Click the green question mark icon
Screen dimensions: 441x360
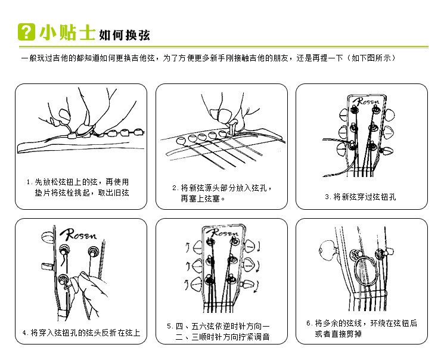(x=26, y=32)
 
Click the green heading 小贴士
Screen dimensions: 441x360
(x=67, y=32)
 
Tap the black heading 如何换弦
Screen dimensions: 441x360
(x=125, y=35)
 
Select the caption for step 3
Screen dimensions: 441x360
(x=361, y=197)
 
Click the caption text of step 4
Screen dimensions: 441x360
(x=81, y=333)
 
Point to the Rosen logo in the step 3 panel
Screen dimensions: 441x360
(x=367, y=101)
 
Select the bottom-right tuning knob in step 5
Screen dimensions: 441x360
(x=247, y=285)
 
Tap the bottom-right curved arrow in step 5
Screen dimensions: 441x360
(x=256, y=287)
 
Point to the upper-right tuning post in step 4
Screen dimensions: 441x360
(x=92, y=251)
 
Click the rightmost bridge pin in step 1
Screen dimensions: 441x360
(x=139, y=132)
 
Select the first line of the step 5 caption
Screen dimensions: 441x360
(x=218, y=326)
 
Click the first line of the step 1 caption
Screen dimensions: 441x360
(x=77, y=182)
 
